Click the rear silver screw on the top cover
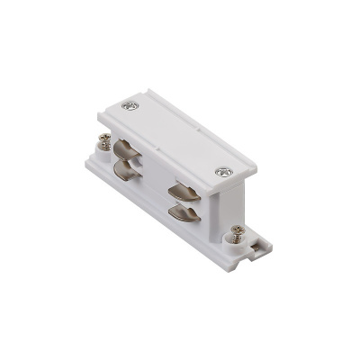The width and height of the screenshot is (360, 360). point(132,107)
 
